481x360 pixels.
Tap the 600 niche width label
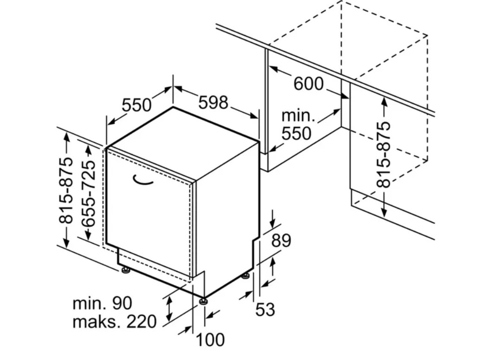click(x=308, y=84)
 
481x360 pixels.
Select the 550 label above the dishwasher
click(x=136, y=105)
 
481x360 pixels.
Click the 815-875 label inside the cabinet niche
click(x=384, y=155)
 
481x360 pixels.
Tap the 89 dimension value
click(x=281, y=241)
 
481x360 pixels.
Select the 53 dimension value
click(x=265, y=309)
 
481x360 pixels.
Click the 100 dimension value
click(x=210, y=340)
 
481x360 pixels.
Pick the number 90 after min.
click(x=122, y=303)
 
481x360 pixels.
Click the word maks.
click(x=93, y=321)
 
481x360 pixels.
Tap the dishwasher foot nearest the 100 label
click(x=203, y=302)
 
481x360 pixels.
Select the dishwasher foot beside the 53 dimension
click(x=245, y=277)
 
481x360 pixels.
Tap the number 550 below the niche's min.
click(x=297, y=133)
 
